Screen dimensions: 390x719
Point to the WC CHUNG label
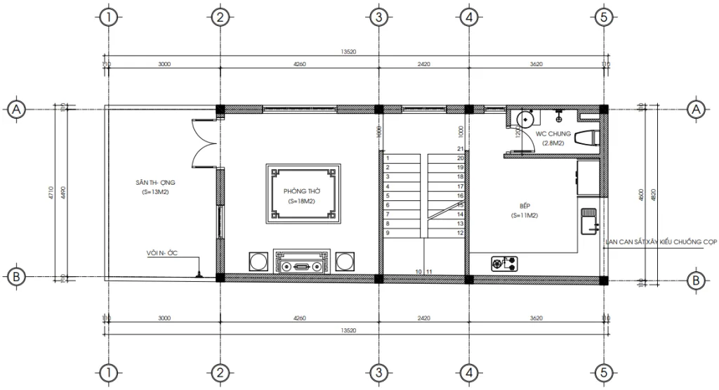[x=553, y=134]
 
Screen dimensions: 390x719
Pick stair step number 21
[x=459, y=150]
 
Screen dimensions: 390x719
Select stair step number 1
[x=388, y=159]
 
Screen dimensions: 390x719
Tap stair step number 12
[x=459, y=233]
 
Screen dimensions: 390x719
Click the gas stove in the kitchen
[x=506, y=264]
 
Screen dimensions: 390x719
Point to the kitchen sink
[x=587, y=220]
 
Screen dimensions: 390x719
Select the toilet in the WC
[x=585, y=138]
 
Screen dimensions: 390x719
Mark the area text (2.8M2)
[x=553, y=143]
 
